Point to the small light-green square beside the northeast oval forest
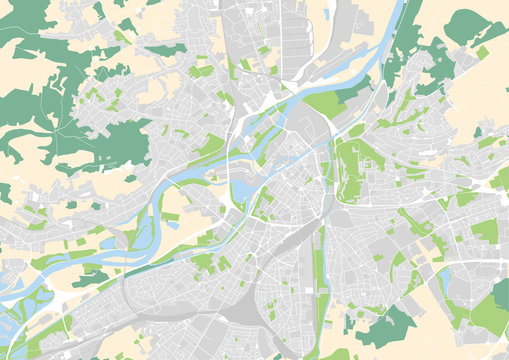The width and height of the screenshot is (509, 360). click(x=482, y=52)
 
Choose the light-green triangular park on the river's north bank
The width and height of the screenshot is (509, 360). click(x=325, y=103)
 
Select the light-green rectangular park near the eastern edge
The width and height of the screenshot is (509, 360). click(x=484, y=231)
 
